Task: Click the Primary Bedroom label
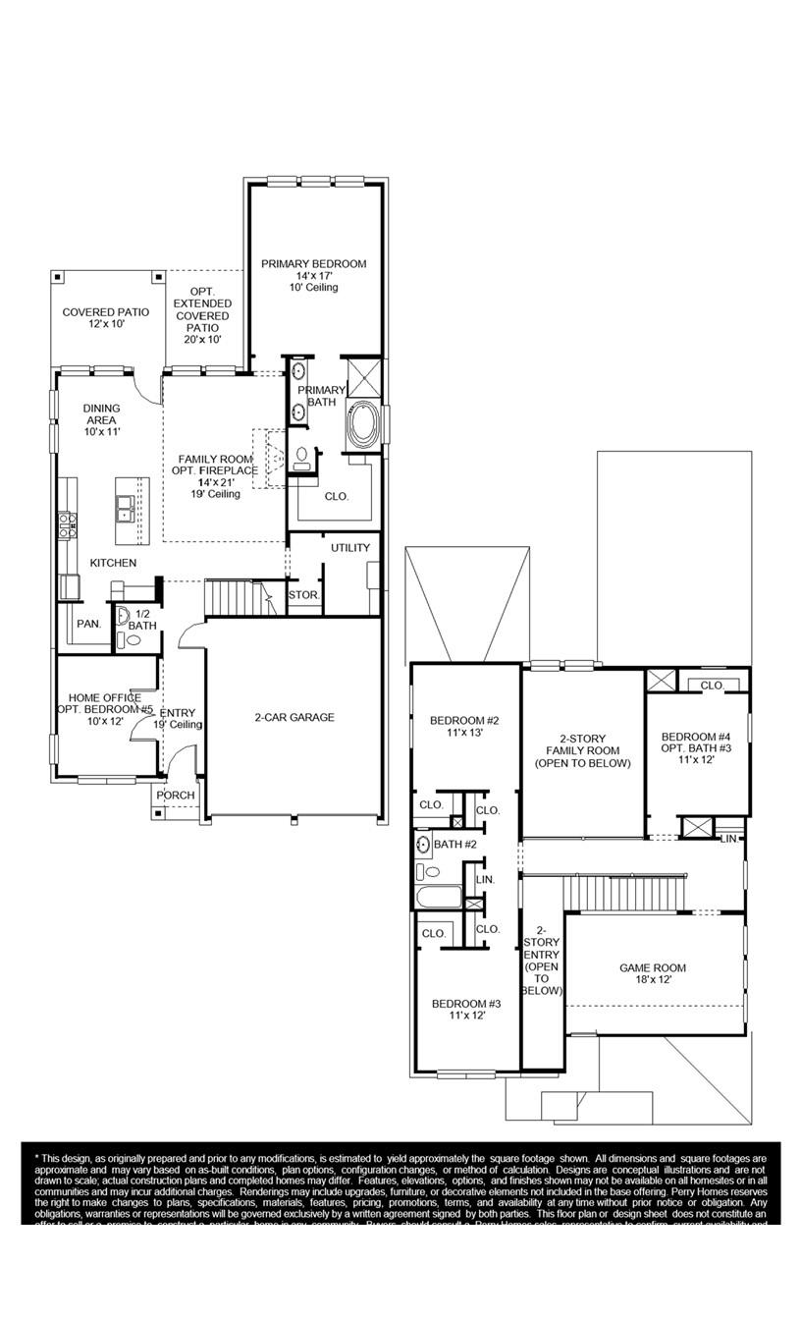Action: pyautogui.click(x=313, y=264)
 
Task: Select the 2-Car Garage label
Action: pyautogui.click(x=294, y=718)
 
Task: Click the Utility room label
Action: pyautogui.click(x=349, y=548)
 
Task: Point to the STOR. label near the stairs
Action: pyautogui.click(x=303, y=596)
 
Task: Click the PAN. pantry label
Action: pyautogui.click(x=89, y=624)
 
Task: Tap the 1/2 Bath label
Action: pyautogui.click(x=142, y=620)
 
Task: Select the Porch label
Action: pyautogui.click(x=176, y=796)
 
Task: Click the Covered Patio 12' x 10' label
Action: pyautogui.click(x=106, y=312)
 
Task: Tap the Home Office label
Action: pyautogui.click(x=104, y=698)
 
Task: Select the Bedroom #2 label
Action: pyautogui.click(x=464, y=721)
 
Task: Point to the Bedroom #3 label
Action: pyautogui.click(x=466, y=1004)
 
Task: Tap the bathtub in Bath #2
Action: pyautogui.click(x=437, y=898)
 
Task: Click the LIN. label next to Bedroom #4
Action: pyautogui.click(x=728, y=838)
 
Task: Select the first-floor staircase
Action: pyautogui.click(x=236, y=596)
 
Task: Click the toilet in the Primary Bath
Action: pyautogui.click(x=303, y=456)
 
